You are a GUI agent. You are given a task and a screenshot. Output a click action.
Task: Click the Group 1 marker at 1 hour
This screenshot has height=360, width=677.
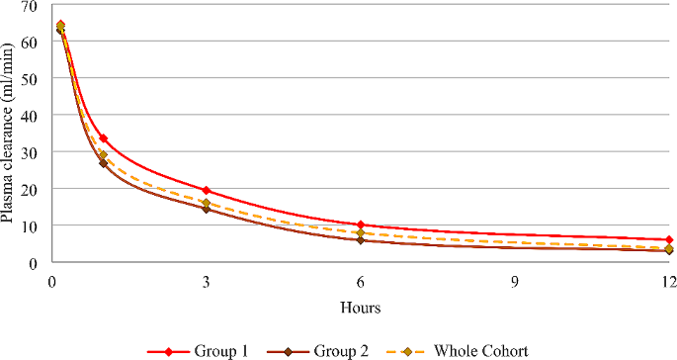pos(103,138)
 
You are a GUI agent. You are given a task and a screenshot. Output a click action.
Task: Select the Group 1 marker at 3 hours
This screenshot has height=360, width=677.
pos(206,190)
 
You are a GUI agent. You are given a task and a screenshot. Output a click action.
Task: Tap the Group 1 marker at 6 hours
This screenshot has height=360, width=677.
pos(361,225)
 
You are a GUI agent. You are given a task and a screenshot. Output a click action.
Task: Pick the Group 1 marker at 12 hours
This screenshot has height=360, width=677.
pos(669,239)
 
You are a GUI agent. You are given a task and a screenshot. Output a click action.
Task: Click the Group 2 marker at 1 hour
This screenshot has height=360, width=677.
pos(103,163)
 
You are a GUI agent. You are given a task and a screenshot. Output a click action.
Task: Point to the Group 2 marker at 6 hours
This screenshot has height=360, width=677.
pos(361,240)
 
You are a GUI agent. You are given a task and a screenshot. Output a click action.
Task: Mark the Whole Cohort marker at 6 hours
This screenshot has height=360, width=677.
pos(361,232)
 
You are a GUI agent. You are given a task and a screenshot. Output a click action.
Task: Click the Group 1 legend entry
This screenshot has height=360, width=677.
pos(193,350)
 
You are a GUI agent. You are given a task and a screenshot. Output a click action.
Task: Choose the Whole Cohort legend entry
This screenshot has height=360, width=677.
pos(461,350)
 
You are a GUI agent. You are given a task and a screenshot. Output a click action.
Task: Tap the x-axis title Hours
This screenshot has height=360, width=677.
pos(361,308)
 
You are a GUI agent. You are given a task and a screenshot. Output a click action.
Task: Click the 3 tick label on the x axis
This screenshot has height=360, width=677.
pos(206,282)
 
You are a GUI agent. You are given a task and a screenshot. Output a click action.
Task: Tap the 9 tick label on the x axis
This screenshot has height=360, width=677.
pos(515,282)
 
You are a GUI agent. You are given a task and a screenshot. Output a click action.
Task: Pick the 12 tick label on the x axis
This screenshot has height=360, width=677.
pos(668,282)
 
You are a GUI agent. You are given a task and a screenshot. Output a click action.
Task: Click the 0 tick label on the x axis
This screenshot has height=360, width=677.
pos(51,282)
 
